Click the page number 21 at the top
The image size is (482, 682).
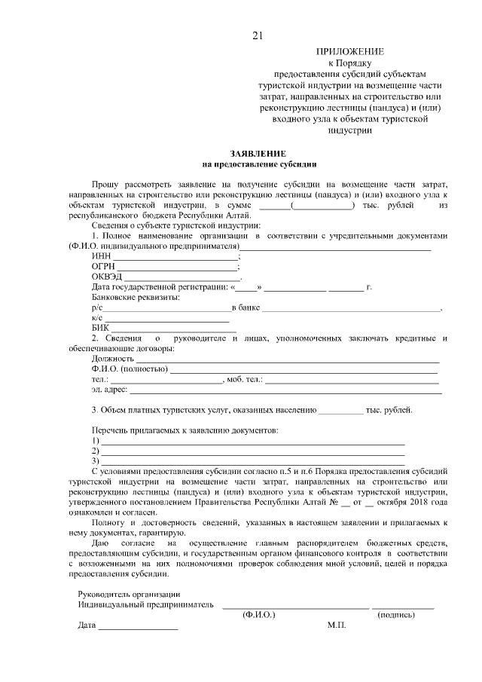[x=258, y=35]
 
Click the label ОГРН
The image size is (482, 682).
[x=102, y=267]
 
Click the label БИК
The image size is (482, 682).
[x=100, y=328]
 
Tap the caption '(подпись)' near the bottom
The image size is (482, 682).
[x=395, y=614]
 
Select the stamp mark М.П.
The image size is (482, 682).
[x=336, y=625]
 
